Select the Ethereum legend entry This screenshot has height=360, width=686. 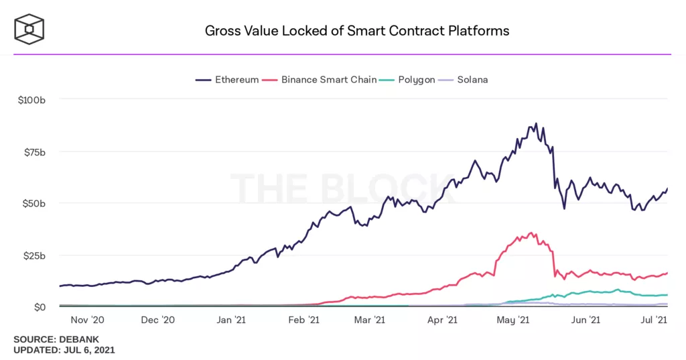(227, 80)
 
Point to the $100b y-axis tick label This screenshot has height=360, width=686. (31, 99)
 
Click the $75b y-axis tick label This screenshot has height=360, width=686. (33, 152)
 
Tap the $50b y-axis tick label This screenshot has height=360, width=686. (33, 203)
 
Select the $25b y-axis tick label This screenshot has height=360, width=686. (33, 255)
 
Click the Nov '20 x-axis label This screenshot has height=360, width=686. (87, 321)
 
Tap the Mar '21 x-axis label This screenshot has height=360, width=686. (369, 321)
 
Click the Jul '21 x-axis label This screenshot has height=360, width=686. (654, 321)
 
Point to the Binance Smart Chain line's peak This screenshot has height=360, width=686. (531, 233)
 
